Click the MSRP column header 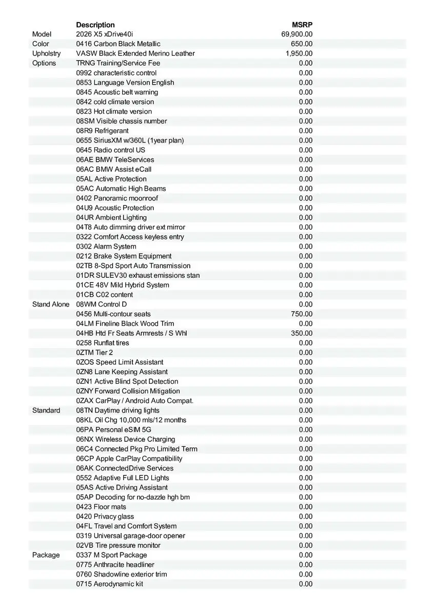[302, 25]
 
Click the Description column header [95, 25]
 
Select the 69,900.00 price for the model [297, 34]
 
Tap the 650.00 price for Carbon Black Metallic [302, 44]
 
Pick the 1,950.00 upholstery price [299, 53]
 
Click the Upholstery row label [46, 53]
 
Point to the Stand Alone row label [51, 304]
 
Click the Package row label [46, 555]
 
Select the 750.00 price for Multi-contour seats [302, 314]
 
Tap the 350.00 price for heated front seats [302, 333]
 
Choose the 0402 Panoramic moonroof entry [117, 198]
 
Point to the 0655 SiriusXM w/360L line [130, 140]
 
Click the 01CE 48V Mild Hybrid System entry [123, 285]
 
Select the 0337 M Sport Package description [111, 555]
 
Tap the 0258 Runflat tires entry [103, 343]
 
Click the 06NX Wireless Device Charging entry [126, 439]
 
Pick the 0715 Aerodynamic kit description [109, 584]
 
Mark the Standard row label [46, 411]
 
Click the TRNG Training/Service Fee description [118, 63]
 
